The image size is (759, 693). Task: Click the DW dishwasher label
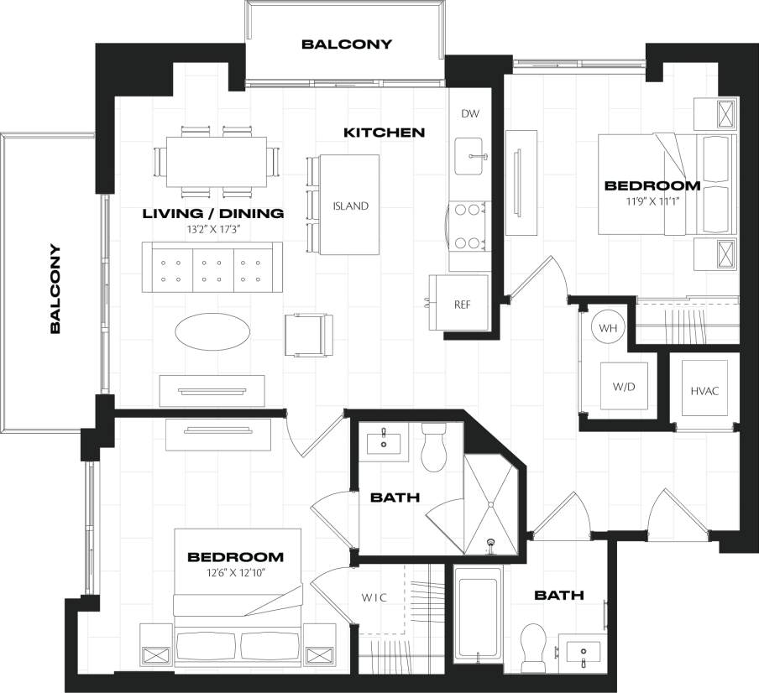click(x=469, y=114)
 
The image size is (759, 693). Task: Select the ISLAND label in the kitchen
click(x=350, y=206)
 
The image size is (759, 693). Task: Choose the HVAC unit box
click(x=704, y=391)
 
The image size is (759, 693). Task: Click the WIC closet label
click(x=374, y=598)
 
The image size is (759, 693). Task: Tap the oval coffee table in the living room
click(x=212, y=331)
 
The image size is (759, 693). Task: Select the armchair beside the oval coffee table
click(x=309, y=334)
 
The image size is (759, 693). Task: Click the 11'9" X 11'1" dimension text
click(x=652, y=201)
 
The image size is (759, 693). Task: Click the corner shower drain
click(x=492, y=542)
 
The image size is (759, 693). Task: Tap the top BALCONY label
click(x=346, y=44)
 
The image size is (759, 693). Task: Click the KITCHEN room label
click(x=384, y=133)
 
